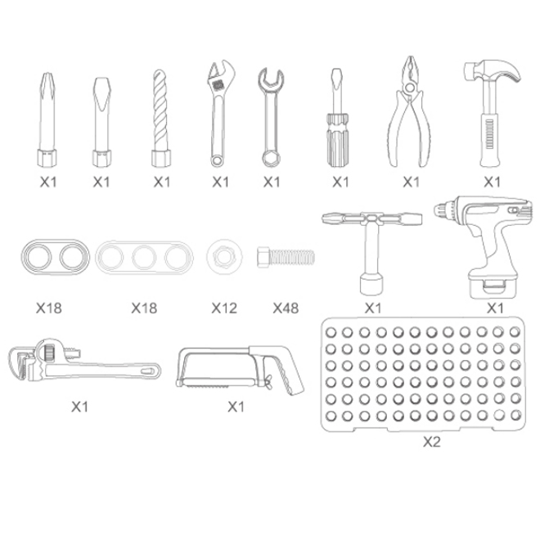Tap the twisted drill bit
pyautogui.click(x=161, y=118)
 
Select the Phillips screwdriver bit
pyautogui.click(x=47, y=119)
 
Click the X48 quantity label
pyautogui.click(x=286, y=308)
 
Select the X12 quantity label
pyautogui.click(x=224, y=308)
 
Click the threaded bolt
pyautogui.click(x=286, y=257)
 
